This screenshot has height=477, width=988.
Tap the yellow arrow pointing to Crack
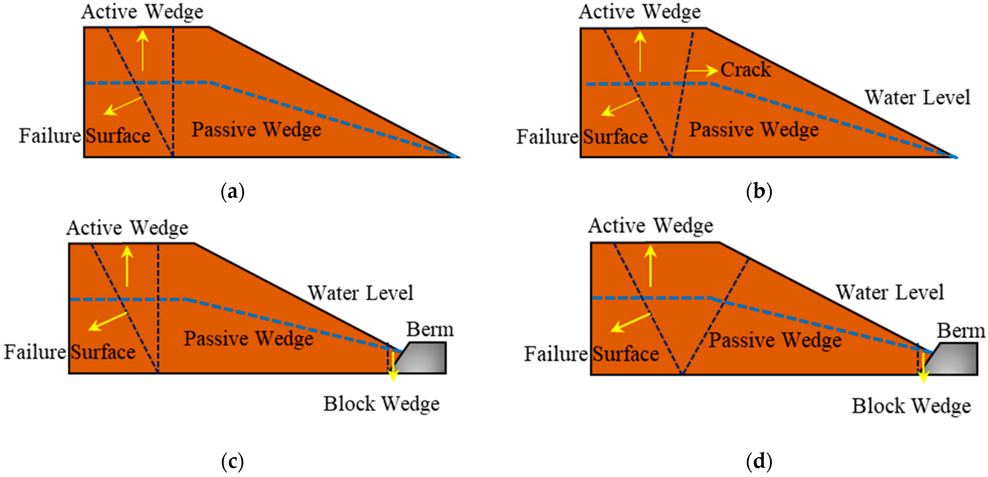pos(702,71)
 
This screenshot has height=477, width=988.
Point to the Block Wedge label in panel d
pos(911,406)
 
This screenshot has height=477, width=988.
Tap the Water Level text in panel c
pos(360,293)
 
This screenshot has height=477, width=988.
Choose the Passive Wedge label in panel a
pos(256,129)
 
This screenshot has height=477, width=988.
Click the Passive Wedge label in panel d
pos(775,340)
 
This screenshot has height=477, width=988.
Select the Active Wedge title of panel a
pos(142,12)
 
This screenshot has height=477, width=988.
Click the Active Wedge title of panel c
pos(127,228)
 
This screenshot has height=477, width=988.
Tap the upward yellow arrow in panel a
pos(143,50)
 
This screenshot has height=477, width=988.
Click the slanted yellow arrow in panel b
pos(621,107)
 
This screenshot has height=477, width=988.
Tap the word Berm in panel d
pos(961,331)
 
